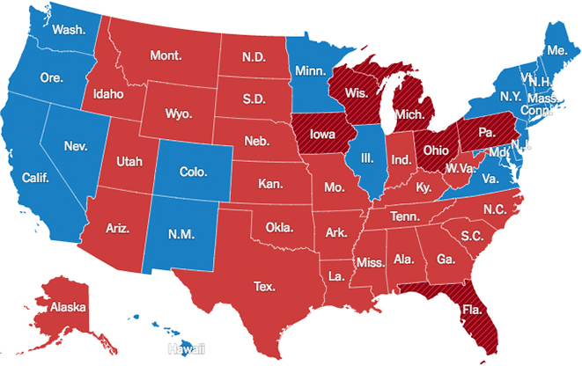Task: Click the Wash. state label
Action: point(69,29)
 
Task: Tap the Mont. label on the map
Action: point(165,55)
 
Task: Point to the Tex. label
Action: point(264,287)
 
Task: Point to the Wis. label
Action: point(356,91)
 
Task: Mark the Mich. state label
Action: point(410,115)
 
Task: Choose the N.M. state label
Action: point(168,235)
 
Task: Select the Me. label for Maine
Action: point(557,50)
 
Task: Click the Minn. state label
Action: point(310,70)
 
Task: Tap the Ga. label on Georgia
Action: point(446,260)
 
